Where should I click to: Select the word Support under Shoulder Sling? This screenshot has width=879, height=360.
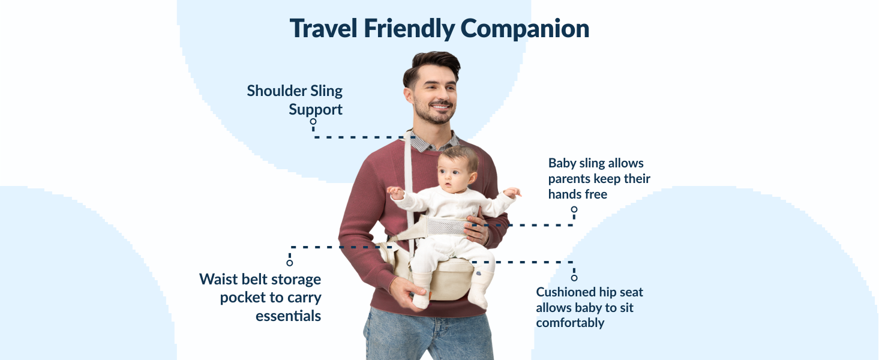pyautogui.click(x=316, y=110)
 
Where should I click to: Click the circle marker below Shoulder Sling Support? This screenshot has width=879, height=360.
pyautogui.click(x=313, y=121)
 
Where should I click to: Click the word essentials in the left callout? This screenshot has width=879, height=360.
pyautogui.click(x=288, y=316)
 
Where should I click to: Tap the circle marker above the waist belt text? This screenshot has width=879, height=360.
pyautogui.click(x=290, y=263)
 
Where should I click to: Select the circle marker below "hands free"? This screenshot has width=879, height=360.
pyautogui.click(x=574, y=209)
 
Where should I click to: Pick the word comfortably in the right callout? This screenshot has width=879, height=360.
pyautogui.click(x=570, y=323)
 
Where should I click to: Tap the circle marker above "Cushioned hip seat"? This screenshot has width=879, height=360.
pyautogui.click(x=574, y=278)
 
